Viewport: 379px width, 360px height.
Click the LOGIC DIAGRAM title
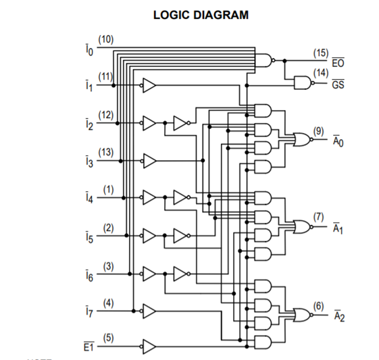(200, 15)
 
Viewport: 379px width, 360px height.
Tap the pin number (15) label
(321, 53)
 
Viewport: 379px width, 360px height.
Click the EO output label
(337, 63)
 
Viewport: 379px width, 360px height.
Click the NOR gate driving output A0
(300, 139)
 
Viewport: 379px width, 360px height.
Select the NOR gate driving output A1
(300, 226)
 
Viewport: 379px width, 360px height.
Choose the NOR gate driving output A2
(300, 314)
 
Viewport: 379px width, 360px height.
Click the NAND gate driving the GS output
(300, 82)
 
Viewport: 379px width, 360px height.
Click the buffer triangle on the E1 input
(149, 346)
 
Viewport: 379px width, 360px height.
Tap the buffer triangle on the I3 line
(149, 161)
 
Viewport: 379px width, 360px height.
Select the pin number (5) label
(106, 337)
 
